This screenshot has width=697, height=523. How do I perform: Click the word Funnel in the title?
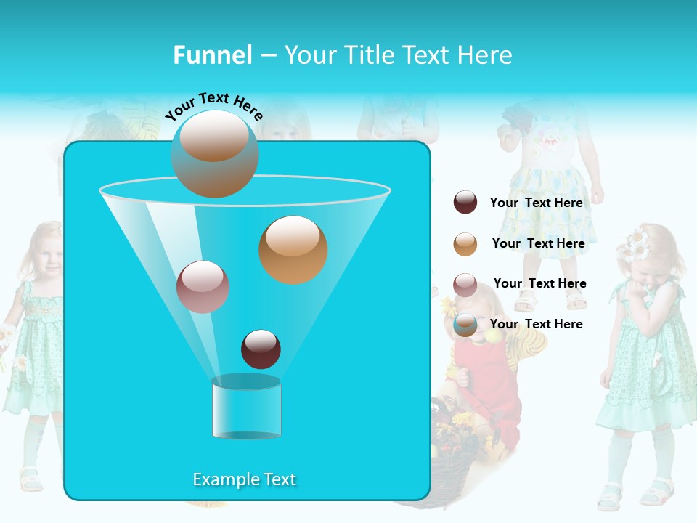click(x=212, y=55)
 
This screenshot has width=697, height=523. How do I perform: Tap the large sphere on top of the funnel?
click(x=214, y=153)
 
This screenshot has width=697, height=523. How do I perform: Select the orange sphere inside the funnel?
click(x=293, y=249)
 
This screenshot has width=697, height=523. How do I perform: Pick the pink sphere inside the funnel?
click(x=203, y=287)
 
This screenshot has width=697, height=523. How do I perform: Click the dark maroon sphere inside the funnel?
click(x=261, y=349)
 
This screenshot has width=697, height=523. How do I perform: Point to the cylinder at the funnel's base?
click(x=246, y=408)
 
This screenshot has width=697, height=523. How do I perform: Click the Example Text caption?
click(x=244, y=479)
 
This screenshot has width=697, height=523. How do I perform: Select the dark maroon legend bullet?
click(x=465, y=203)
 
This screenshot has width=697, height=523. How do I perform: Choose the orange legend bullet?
click(x=465, y=243)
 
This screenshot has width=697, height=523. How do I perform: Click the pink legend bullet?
click(x=465, y=284)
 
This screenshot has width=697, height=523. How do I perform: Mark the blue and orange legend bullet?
click(x=465, y=325)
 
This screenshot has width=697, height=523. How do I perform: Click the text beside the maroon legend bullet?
click(x=536, y=203)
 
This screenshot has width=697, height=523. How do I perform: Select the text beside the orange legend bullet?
click(x=538, y=243)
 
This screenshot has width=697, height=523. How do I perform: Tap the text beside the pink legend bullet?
click(x=539, y=283)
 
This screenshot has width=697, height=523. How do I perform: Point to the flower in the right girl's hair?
click(x=637, y=243)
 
